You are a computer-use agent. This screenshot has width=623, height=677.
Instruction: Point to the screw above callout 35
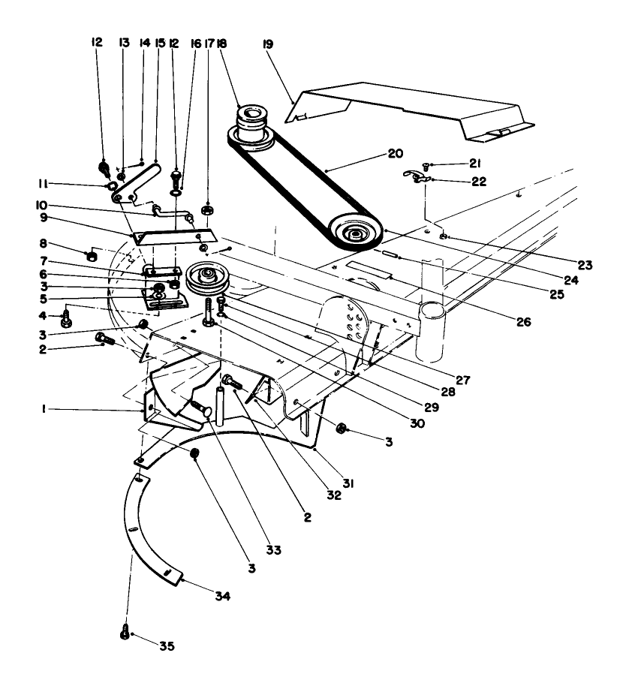(125, 633)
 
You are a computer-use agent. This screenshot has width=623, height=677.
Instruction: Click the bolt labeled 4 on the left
(66, 319)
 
